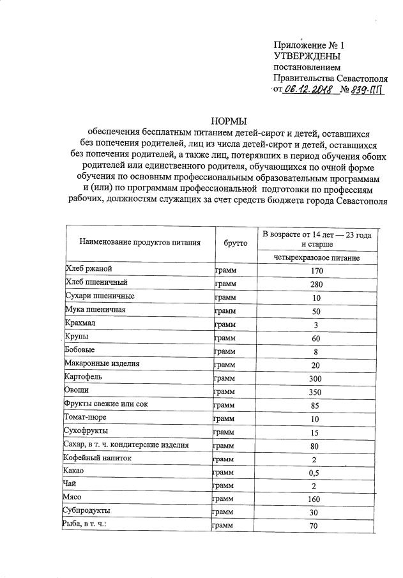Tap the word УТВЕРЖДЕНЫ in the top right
click(x=307, y=56)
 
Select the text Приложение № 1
click(x=308, y=45)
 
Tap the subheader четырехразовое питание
click(x=317, y=258)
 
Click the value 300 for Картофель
click(x=317, y=378)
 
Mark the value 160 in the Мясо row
click(x=317, y=499)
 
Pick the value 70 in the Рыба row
click(x=317, y=526)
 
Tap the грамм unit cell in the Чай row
click(x=224, y=485)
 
